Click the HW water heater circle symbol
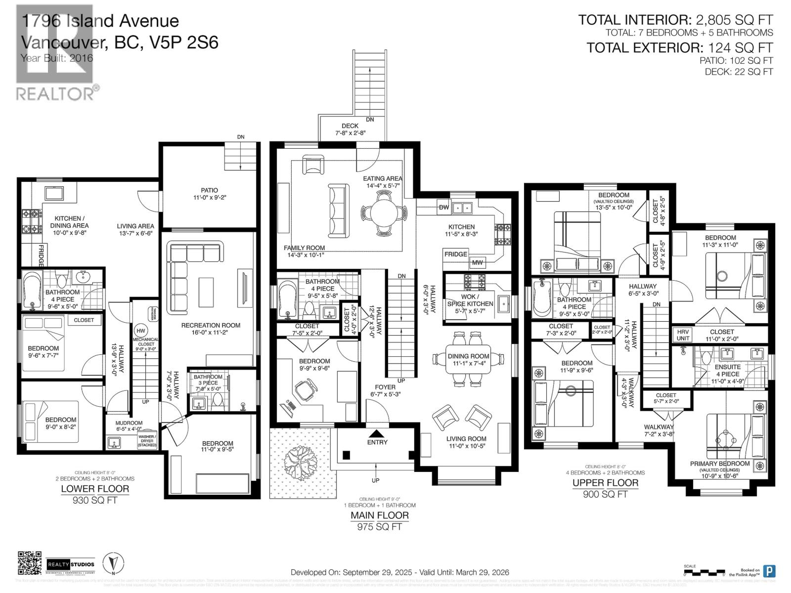[x=141, y=331]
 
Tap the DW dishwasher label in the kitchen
[x=444, y=208]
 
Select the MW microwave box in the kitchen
[x=477, y=262]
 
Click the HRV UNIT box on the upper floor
[x=683, y=335]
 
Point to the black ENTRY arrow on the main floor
[x=377, y=433]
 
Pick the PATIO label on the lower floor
[x=209, y=190]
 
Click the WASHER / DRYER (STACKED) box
[x=147, y=441]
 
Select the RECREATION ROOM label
[x=211, y=325]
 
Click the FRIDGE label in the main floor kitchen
[x=455, y=254]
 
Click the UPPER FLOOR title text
[x=605, y=483]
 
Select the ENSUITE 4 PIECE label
[x=728, y=371]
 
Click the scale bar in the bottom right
[x=704, y=574]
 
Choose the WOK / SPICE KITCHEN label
[x=470, y=300]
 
